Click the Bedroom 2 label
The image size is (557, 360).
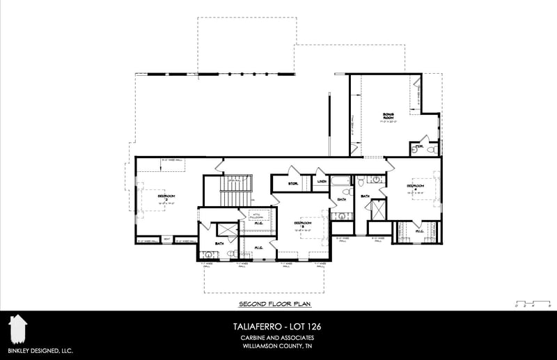(166, 198)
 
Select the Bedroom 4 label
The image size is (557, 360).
(416, 187)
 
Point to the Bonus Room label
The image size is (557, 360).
(388, 116)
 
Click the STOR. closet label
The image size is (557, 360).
(294, 184)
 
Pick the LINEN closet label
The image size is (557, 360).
(322, 182)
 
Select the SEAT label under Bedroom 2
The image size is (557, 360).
(167, 240)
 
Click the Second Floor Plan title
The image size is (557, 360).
(274, 304)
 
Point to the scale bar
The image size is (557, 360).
(532, 304)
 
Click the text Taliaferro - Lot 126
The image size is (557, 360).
(277, 326)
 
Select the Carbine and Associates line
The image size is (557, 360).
(277, 338)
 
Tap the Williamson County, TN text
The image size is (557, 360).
(277, 346)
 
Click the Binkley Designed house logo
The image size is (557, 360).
(17, 328)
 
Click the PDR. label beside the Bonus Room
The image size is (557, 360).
(420, 146)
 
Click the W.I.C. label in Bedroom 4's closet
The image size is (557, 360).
(420, 231)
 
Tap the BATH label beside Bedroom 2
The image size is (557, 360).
(219, 243)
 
